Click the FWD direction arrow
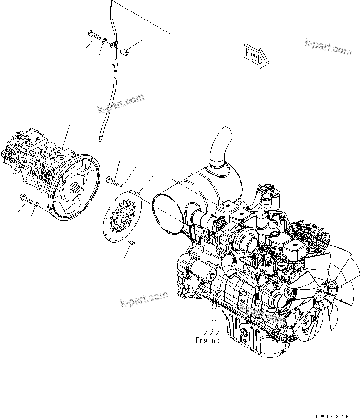[256, 56]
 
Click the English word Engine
[207, 340]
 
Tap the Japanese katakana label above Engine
[207, 332]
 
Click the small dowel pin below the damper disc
[132, 244]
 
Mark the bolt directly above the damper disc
[112, 180]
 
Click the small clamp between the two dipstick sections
[114, 64]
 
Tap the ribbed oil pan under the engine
[243, 336]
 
